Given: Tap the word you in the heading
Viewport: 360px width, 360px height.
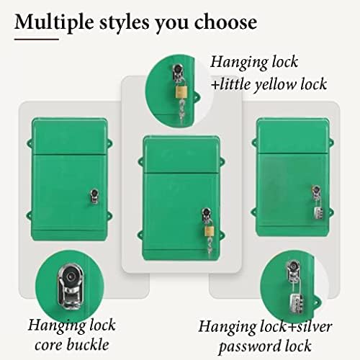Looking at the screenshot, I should pos(176,22).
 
